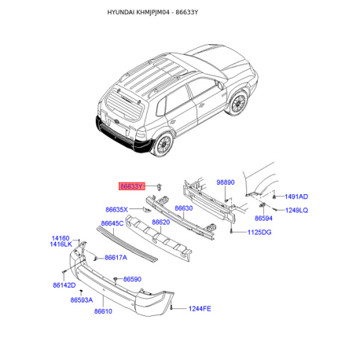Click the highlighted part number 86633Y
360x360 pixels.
click(132, 186)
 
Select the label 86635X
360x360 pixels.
click(116, 210)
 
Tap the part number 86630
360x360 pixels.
click(184, 208)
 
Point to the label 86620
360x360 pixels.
click(161, 222)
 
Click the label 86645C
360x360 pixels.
click(112, 223)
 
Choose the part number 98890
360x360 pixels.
click(226, 182)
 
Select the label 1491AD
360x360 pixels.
click(296, 197)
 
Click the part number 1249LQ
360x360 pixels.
click(296, 210)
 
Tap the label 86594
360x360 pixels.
click(263, 219)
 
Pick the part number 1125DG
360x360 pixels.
click(259, 232)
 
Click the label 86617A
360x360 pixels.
click(116, 258)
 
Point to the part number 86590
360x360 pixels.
click(132, 279)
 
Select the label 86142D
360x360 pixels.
click(64, 285)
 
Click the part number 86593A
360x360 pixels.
click(82, 300)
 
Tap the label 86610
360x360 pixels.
click(103, 311)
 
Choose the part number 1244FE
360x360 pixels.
click(200, 309)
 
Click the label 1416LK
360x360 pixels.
click(61, 244)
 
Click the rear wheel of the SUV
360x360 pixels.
click(163, 145)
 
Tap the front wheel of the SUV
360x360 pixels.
click(238, 103)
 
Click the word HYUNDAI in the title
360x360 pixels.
click(121, 13)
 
